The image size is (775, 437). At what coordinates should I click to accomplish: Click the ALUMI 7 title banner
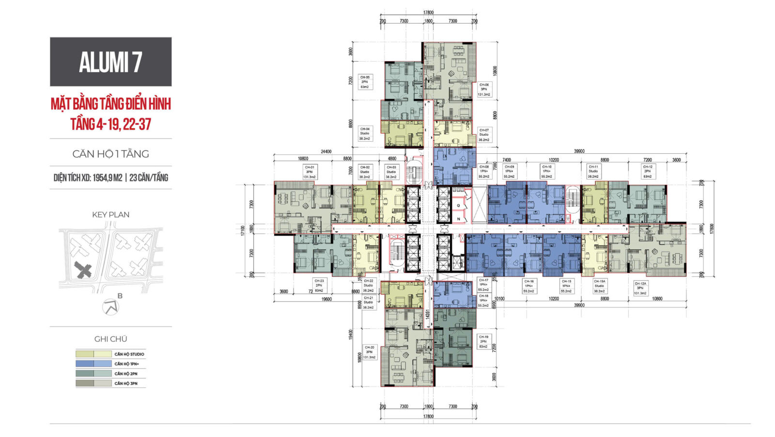pyautogui.click(x=110, y=62)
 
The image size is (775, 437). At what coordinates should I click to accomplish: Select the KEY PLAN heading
pyautogui.click(x=110, y=214)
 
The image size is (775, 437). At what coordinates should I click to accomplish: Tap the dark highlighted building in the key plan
pyautogui.click(x=84, y=270)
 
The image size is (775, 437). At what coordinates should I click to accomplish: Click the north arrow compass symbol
pyautogui.click(x=111, y=307)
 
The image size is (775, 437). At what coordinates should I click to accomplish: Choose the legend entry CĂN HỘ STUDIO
pyautogui.click(x=129, y=354)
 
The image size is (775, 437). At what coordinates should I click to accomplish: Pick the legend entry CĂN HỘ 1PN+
pyautogui.click(x=126, y=364)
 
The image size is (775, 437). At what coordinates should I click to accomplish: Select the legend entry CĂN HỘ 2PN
pyautogui.click(x=125, y=373)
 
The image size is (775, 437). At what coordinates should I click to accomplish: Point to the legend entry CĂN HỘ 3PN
pyautogui.click(x=125, y=383)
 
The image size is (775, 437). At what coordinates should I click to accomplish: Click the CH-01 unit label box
pyautogui.click(x=309, y=172)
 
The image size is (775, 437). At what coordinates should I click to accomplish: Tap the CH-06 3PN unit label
pyautogui.click(x=484, y=89)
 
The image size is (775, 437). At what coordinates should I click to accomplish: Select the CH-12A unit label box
pyautogui.click(x=640, y=288)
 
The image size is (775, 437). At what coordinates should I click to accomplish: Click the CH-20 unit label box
pyautogui.click(x=369, y=352)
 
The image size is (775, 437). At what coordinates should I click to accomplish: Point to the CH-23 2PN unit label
pyautogui.click(x=319, y=285)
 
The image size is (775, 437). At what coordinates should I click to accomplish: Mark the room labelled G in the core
pyautogui.click(x=458, y=206)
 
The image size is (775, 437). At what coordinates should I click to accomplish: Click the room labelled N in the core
pyautogui.click(x=458, y=219)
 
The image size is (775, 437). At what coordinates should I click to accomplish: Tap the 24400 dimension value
pyautogui.click(x=326, y=152)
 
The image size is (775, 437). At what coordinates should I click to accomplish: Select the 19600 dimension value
pyautogui.click(x=326, y=299)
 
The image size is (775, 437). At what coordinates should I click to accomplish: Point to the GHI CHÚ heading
pyautogui.click(x=110, y=339)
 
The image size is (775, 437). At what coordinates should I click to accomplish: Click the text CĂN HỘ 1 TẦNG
pyautogui.click(x=110, y=154)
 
